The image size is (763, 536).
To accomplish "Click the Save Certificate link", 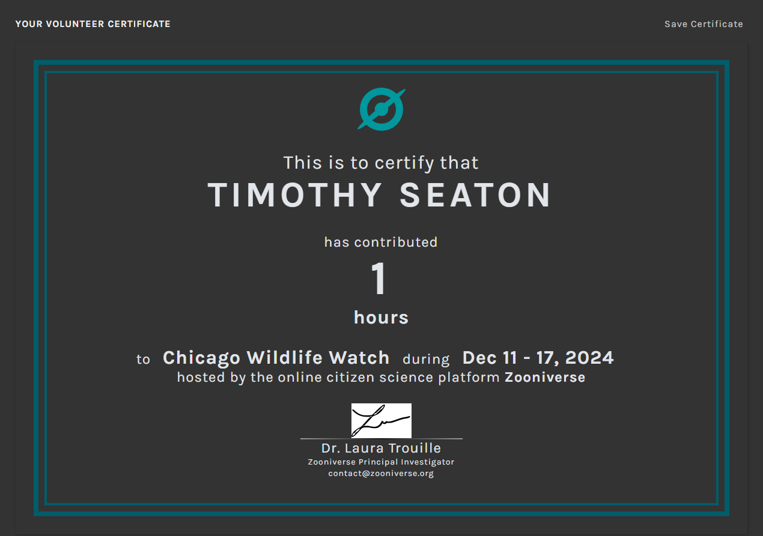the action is pyautogui.click(x=704, y=24).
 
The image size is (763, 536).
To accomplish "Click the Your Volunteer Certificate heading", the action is pyautogui.click(x=93, y=24).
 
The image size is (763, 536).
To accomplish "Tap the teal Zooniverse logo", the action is pyautogui.click(x=381, y=109).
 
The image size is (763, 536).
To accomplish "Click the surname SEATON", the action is pyautogui.click(x=475, y=195).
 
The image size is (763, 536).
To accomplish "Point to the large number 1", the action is pyautogui.click(x=378, y=279).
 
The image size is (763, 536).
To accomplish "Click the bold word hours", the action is pyautogui.click(x=381, y=318).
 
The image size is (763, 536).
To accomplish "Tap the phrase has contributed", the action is pyautogui.click(x=381, y=242).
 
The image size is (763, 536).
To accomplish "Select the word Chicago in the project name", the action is pyautogui.click(x=202, y=358).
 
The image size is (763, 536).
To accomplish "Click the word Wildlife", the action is pyautogui.click(x=285, y=357).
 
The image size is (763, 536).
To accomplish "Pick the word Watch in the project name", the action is pyautogui.click(x=359, y=357).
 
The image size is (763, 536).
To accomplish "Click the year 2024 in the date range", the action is pyautogui.click(x=589, y=358).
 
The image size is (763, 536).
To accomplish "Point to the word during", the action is pyautogui.click(x=426, y=360).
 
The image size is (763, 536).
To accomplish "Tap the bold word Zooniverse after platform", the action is pyautogui.click(x=545, y=378).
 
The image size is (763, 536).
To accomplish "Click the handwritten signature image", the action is pyautogui.click(x=381, y=421).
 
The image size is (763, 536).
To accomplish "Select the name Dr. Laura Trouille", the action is pyautogui.click(x=381, y=448).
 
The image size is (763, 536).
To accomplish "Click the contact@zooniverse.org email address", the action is pyautogui.click(x=381, y=474).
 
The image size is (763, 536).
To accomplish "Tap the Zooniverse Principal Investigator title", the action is pyautogui.click(x=381, y=462).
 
